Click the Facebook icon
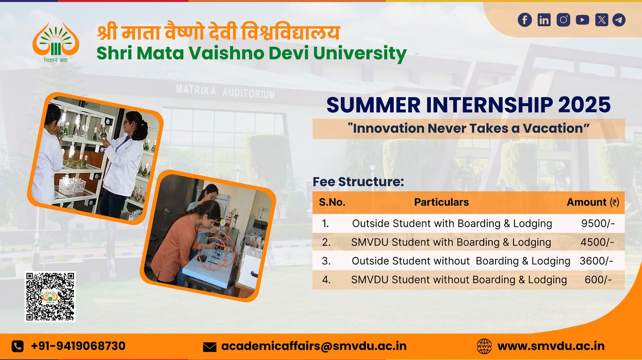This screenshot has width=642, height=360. click(x=525, y=20)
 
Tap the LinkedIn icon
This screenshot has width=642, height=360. click(x=544, y=20)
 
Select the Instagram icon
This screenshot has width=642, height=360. click(x=563, y=20)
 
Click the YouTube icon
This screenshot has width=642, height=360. click(x=582, y=20)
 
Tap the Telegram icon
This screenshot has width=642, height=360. click(x=619, y=20)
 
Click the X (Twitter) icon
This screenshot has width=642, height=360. click(x=601, y=20)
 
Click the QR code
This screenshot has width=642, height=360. click(x=50, y=297)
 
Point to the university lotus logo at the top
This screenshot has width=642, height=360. click(x=56, y=40)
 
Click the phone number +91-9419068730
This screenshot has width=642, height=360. click(x=78, y=346)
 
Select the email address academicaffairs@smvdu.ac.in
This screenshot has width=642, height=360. click(x=314, y=346)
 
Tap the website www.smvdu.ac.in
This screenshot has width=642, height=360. click(x=551, y=346)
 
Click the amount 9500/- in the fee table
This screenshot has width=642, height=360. click(x=598, y=224)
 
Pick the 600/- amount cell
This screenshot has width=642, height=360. click(x=598, y=280)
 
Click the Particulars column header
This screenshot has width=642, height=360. click(x=441, y=202)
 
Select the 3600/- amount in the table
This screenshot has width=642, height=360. click(x=596, y=261)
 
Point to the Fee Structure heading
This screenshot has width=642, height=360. click(x=358, y=182)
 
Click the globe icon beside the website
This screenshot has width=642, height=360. click(x=484, y=346)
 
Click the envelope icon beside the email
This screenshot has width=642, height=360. click(x=209, y=347)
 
